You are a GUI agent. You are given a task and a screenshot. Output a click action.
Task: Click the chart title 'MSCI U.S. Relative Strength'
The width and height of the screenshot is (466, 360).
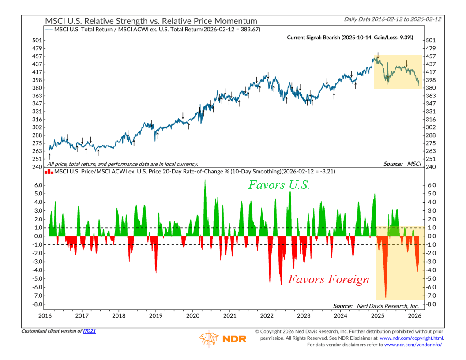(150, 21)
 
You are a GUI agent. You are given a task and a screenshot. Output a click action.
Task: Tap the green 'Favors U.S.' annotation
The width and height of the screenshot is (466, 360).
(279, 185)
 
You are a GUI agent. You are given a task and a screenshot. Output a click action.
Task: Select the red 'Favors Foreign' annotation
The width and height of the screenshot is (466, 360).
(328, 279)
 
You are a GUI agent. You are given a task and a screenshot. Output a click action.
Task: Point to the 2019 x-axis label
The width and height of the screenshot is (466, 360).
(155, 316)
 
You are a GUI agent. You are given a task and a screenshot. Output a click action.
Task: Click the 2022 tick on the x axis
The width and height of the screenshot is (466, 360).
(267, 316)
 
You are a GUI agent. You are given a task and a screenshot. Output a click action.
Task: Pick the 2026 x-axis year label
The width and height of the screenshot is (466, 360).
(414, 316)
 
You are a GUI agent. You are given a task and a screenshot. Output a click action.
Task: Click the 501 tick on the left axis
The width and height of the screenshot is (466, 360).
(37, 40)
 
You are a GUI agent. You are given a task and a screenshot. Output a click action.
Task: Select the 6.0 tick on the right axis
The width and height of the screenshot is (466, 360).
(432, 185)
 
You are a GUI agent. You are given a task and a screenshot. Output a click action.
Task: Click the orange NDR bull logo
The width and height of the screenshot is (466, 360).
(208, 338)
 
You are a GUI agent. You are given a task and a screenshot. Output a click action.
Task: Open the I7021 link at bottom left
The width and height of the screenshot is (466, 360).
(89, 331)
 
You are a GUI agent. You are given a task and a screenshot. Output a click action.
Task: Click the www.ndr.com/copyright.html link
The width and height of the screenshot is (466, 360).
(412, 338)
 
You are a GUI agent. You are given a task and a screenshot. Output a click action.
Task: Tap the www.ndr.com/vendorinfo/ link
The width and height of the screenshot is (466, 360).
(413, 345)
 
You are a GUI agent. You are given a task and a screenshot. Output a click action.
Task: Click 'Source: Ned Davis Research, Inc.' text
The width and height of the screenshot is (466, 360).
(376, 306)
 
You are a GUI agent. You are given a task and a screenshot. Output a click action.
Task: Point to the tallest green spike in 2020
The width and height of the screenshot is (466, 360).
(205, 181)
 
